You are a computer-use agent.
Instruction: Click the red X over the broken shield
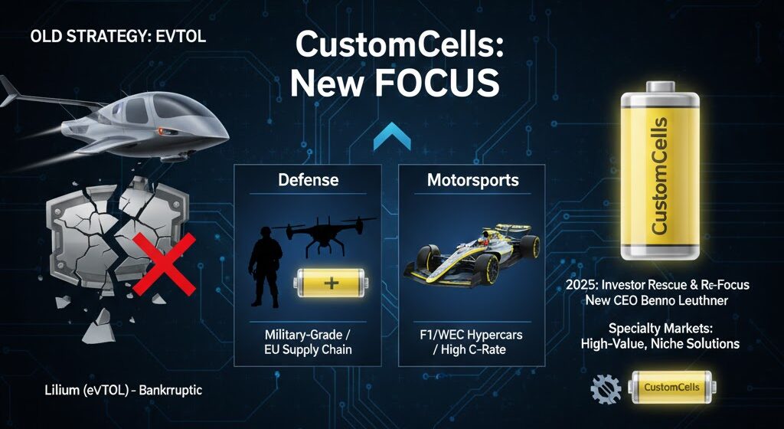(164, 264)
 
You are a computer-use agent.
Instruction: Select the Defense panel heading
(308, 180)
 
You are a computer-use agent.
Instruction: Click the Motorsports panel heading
(472, 180)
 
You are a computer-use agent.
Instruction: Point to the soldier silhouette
(265, 265)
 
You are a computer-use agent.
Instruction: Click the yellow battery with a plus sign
(330, 283)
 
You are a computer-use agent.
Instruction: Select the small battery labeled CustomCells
(671, 388)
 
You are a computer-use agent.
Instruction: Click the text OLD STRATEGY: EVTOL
(118, 37)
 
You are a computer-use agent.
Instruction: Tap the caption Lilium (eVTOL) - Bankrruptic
(123, 390)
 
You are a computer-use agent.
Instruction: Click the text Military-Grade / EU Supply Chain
(308, 342)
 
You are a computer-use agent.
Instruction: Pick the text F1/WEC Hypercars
(472, 334)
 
